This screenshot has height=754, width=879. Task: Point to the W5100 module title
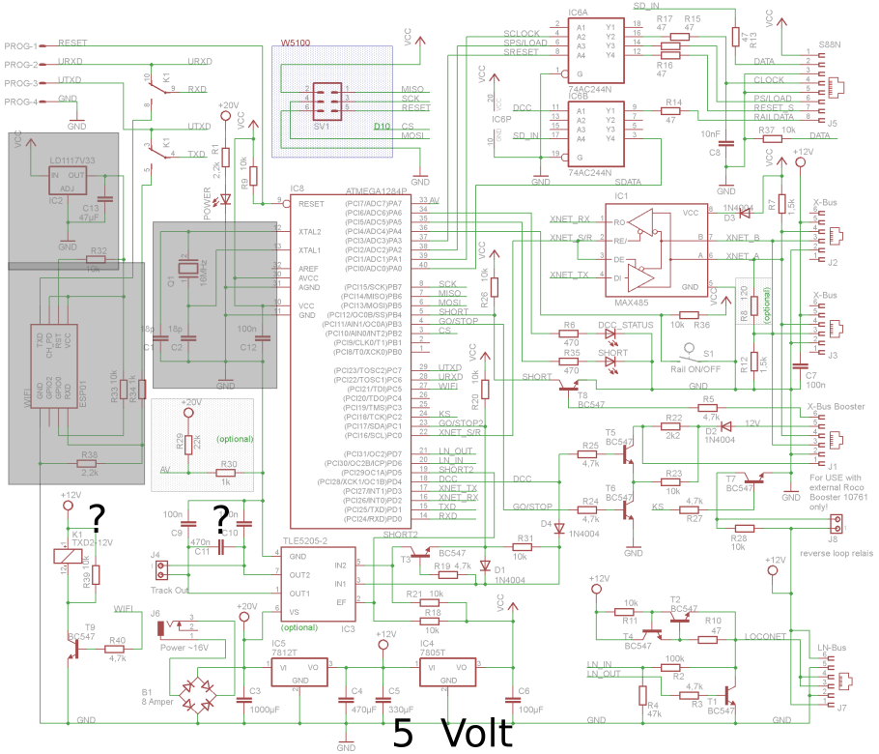pos(295,44)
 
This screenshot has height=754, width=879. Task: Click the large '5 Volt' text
pos(451,734)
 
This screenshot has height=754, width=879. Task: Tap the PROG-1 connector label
pos(20,46)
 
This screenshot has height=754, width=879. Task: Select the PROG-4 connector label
pos(20,102)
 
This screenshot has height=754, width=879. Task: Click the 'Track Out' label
pos(171,590)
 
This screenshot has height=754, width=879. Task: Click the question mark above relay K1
pos(97,515)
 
